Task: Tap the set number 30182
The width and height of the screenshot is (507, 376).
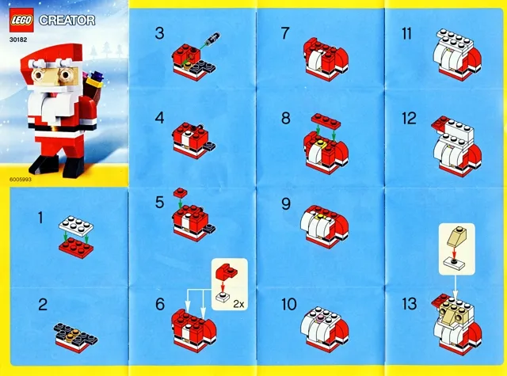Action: pos(19,36)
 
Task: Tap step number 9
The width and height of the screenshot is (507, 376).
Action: pos(287,203)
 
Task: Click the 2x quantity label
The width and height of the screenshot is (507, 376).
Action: pos(237,302)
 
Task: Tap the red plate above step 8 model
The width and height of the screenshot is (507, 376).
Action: pos(326,121)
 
